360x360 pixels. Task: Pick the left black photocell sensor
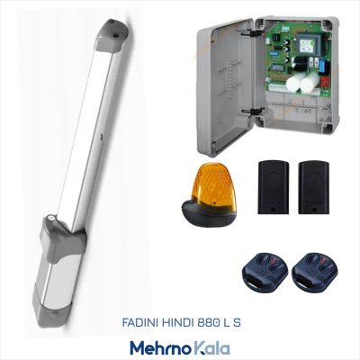(x=274, y=187)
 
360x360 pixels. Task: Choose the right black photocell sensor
(x=314, y=187)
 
